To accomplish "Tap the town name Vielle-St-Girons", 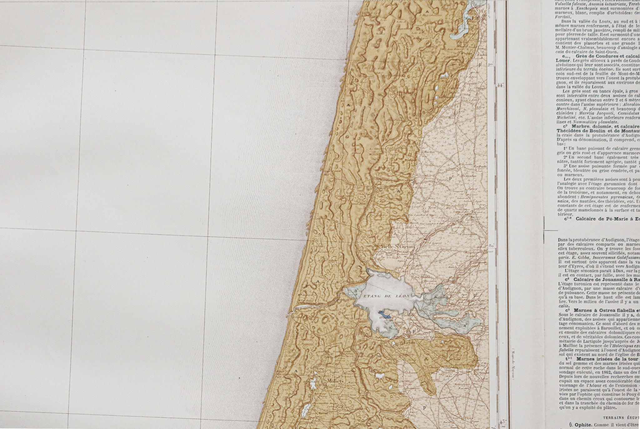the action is pos(398,247).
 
